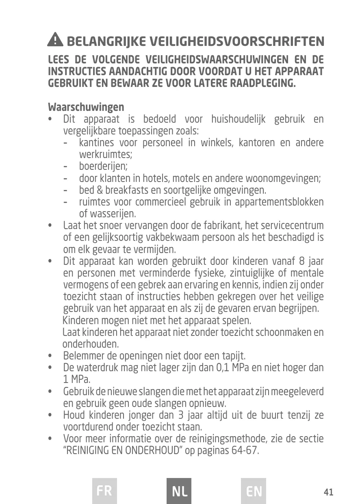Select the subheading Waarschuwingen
[86, 107]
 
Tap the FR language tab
[104, 491]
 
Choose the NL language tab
[179, 491]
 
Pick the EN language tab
[254, 491]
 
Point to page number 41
[329, 492]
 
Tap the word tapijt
[233, 357]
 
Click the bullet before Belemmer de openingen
[50, 357]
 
